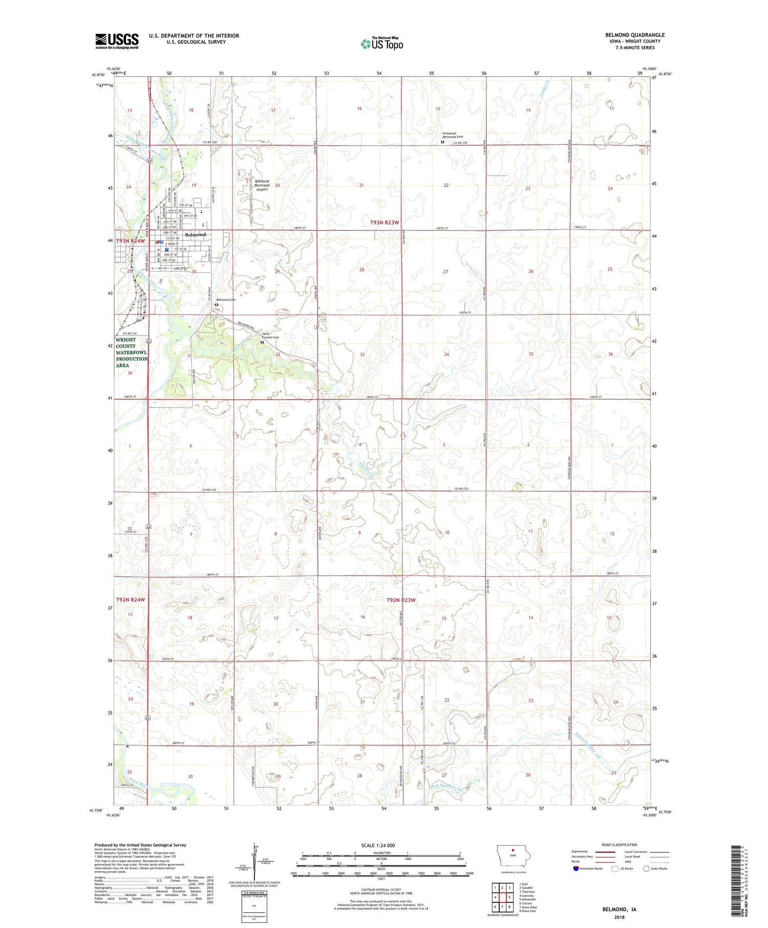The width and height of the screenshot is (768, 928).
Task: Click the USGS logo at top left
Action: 117,41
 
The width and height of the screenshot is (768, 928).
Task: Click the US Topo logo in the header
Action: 381,44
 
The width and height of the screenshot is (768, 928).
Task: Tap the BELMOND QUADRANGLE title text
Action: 634,35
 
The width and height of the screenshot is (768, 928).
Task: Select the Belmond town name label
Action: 195,234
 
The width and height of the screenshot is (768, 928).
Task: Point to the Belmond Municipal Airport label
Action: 262,185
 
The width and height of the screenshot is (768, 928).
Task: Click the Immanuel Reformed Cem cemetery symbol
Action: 443,142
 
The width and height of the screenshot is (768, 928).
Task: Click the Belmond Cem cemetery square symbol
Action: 216,305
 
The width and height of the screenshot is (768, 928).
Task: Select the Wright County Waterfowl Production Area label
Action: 132,352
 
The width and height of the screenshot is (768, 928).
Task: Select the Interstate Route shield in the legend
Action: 576,868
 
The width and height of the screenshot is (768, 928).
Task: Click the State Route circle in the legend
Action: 647,868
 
